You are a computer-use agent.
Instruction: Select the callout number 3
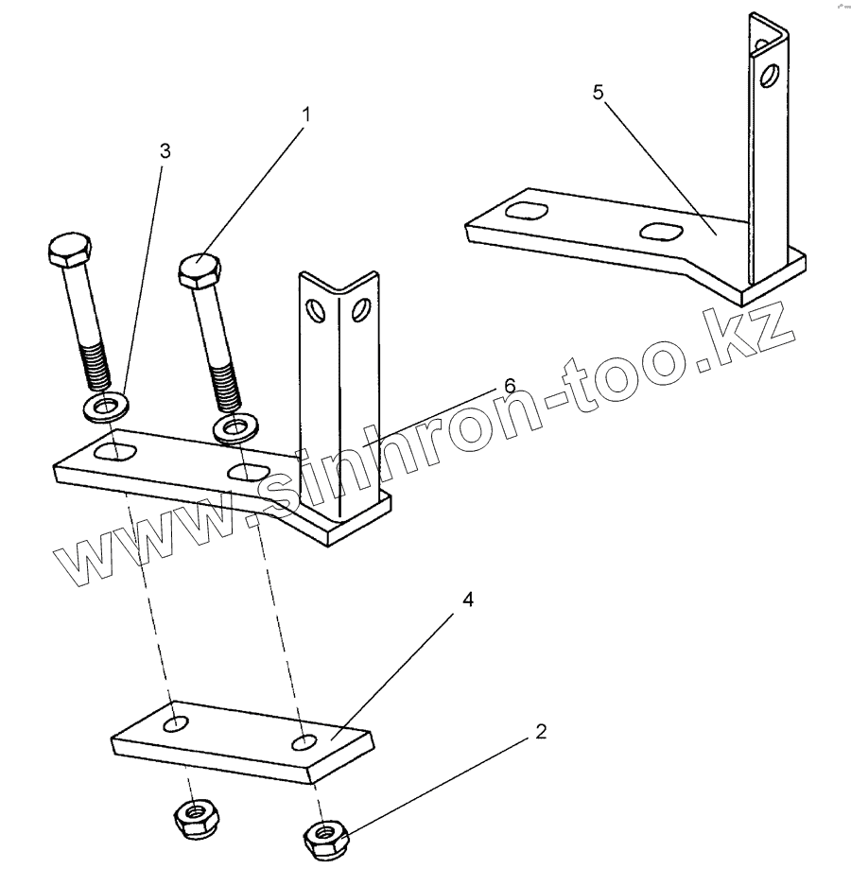[x=165, y=150]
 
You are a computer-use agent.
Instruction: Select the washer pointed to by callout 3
[x=110, y=408]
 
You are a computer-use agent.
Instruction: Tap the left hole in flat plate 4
[x=175, y=725]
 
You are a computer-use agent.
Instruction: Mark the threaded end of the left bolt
[x=96, y=365]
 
